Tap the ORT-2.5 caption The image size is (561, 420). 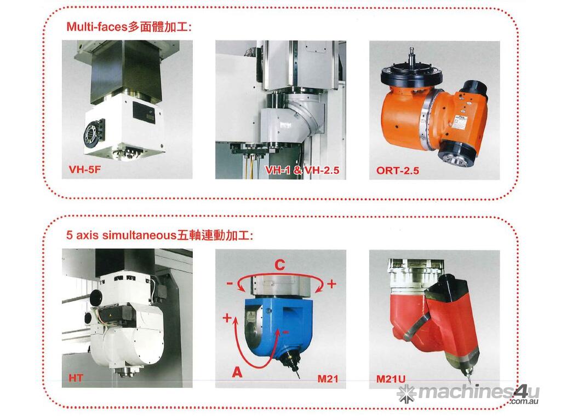pos(398,171)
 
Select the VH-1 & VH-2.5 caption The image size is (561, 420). pos(302,170)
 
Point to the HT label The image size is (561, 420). pos(76,377)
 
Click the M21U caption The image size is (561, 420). pos(391,378)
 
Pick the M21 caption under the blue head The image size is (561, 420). pos(328,378)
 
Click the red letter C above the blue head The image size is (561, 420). pos(280,265)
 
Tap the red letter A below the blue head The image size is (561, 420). pos(237,372)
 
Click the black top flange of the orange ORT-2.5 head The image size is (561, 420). pos(411,74)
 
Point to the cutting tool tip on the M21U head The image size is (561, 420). pos(468,381)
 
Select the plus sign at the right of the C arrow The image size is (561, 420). pos(331,284)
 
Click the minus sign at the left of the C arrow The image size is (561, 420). pos(230,284)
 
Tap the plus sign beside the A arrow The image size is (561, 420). pos(227,318)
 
